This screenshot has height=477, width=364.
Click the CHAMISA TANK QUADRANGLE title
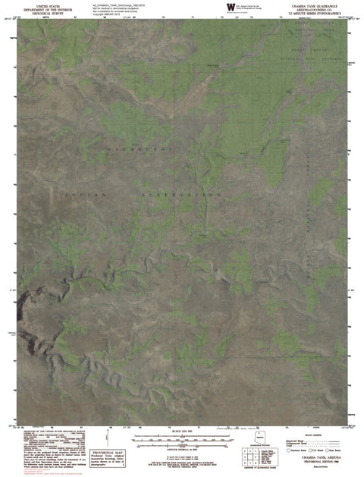click(317, 4)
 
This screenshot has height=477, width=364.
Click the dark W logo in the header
click(229, 6)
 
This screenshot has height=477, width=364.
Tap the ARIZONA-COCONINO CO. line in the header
click(317, 8)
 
